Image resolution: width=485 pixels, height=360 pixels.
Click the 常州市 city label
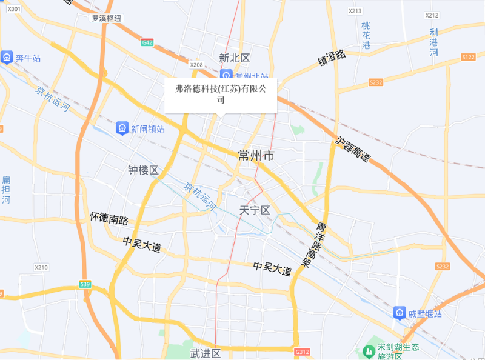click(x=257, y=156)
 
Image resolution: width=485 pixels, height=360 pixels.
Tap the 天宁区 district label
click(x=255, y=210)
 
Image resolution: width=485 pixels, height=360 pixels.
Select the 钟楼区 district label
click(x=143, y=170)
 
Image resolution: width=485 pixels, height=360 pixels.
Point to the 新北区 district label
click(x=235, y=58)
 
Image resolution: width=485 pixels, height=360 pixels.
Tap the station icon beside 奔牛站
click(x=7, y=58)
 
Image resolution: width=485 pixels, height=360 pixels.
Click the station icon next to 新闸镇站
click(x=122, y=128)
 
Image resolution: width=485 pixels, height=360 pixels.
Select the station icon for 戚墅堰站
click(x=400, y=313)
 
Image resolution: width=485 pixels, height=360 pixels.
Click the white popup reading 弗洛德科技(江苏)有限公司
click(x=221, y=95)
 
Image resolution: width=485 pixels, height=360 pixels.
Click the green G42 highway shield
click(x=147, y=42)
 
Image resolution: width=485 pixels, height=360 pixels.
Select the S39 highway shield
click(x=85, y=284)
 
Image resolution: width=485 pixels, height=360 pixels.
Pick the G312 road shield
click(x=302, y=352)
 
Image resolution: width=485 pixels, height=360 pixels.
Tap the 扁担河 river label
click(x=6, y=190)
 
